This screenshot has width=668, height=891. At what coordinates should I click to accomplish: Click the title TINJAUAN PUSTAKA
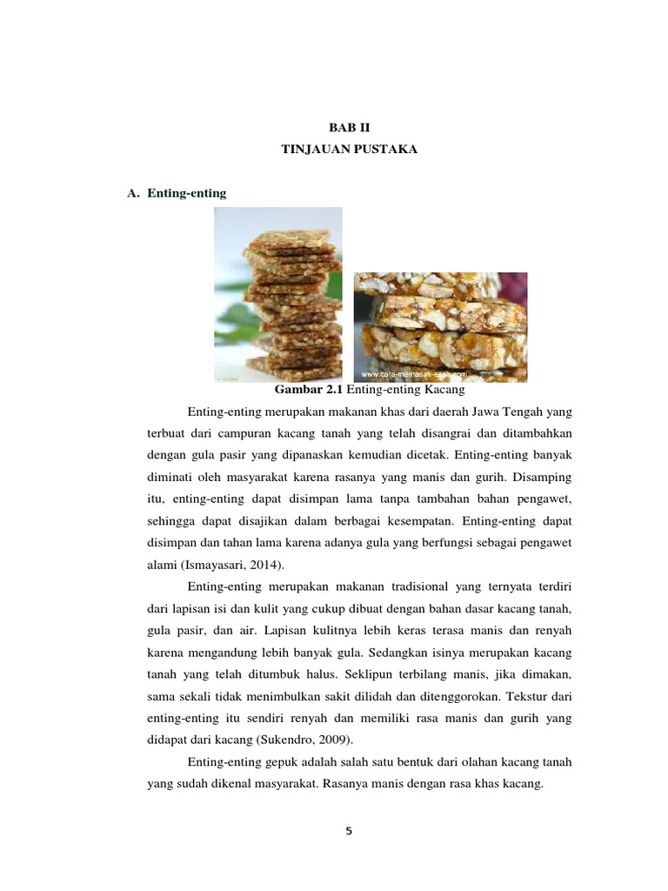coord(351,150)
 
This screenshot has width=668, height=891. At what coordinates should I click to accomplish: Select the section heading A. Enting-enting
coord(177,193)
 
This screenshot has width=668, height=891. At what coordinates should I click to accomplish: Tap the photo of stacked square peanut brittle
coord(278,294)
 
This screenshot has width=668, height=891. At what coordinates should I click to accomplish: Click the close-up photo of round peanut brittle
coord(440,327)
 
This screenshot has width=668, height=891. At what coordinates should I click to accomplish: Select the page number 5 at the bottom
coord(349,831)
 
